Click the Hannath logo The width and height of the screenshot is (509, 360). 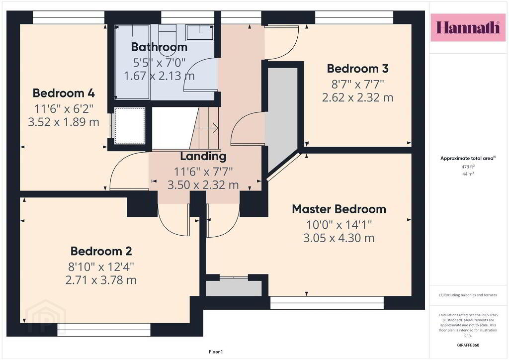pos(468,27)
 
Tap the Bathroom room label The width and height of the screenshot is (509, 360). pos(159,47)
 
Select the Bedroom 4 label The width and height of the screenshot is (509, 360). pos(64,93)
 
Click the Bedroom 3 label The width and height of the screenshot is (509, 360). pos(357,69)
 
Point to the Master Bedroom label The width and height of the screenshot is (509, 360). pos(339,209)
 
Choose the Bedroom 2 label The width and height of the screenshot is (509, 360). pos(101,251)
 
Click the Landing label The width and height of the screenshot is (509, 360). pos(203,156)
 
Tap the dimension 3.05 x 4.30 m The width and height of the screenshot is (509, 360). pos(339,238)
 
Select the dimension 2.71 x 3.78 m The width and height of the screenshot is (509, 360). pos(101,280)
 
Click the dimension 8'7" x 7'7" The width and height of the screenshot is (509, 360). pos(357,85)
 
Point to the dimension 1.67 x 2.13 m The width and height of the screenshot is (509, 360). pos(159,76)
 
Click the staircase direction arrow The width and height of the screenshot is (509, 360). pos(206,128)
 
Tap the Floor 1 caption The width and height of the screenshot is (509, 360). pos(216,352)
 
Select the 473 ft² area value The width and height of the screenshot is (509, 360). pos(468,167)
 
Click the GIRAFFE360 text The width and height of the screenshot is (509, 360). pos(468,345)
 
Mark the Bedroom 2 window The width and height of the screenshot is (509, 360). pos(104,329)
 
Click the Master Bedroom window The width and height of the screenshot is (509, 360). pos(327,302)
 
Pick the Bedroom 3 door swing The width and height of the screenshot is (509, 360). pos(282,43)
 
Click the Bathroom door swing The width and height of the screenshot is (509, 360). pos(201,75)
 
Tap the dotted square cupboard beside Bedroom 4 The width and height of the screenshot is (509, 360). pos(129,125)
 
